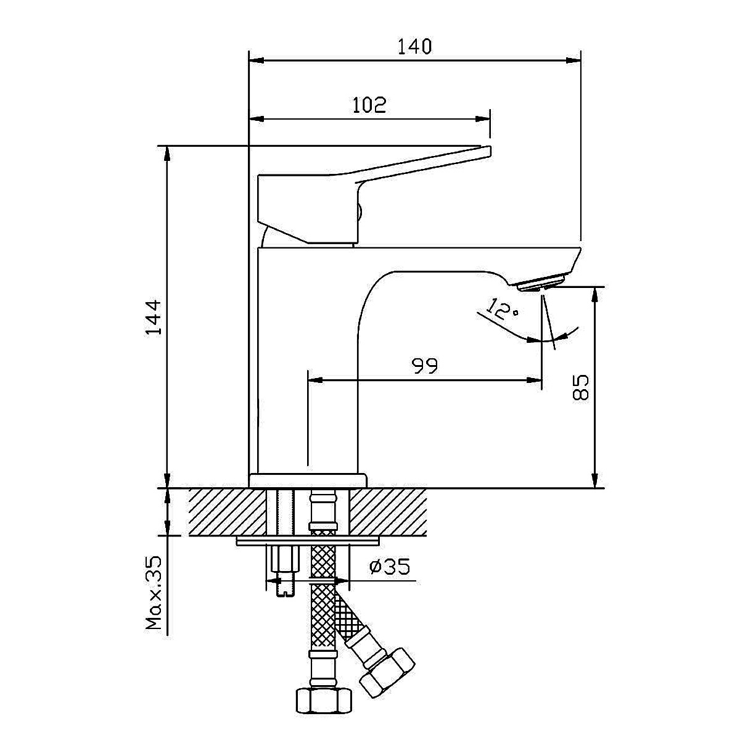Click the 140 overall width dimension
tap(414, 46)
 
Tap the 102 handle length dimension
tap(369, 105)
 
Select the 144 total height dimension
tap(154, 318)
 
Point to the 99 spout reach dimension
tap(424, 366)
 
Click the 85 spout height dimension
tap(580, 387)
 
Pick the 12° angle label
tap(502, 310)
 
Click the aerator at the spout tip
tap(541, 282)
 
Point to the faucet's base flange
tap(308, 480)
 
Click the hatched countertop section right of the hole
tap(388, 512)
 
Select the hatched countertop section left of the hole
tap(228, 512)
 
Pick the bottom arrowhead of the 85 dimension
tap(595, 480)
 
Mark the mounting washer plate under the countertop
tap(308, 541)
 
